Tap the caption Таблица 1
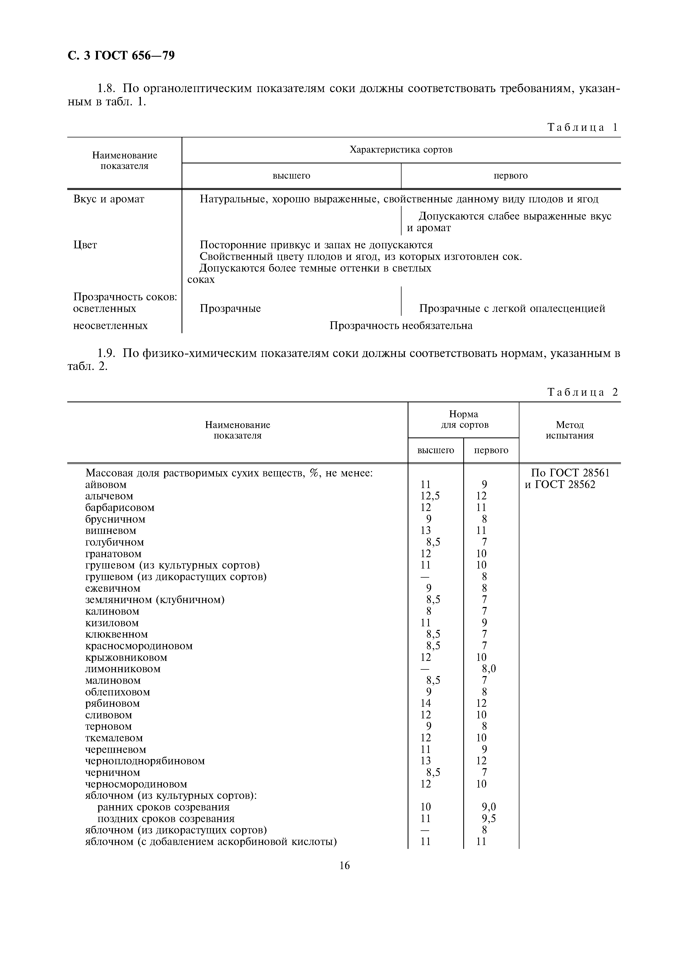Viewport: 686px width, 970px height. tap(583, 127)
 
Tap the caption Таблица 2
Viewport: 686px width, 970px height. tap(583, 392)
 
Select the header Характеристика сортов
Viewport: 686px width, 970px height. tap(401, 150)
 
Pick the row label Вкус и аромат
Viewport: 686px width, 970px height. tap(109, 199)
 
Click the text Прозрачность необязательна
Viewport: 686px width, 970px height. tap(401, 326)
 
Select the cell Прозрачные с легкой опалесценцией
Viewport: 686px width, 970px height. tap(512, 308)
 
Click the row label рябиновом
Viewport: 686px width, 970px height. tap(112, 704)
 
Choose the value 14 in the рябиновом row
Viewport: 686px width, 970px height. tap(426, 703)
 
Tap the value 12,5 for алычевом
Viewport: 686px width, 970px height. tap(430, 496)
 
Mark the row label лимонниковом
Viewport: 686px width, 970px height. tap(123, 669)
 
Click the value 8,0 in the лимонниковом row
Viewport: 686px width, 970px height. tap(489, 669)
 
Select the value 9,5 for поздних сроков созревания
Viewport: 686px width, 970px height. tap(489, 819)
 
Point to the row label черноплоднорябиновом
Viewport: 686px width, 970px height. tap(145, 761)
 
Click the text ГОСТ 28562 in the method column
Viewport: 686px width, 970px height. tap(565, 484)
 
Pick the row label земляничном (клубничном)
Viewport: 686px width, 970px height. tap(155, 600)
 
